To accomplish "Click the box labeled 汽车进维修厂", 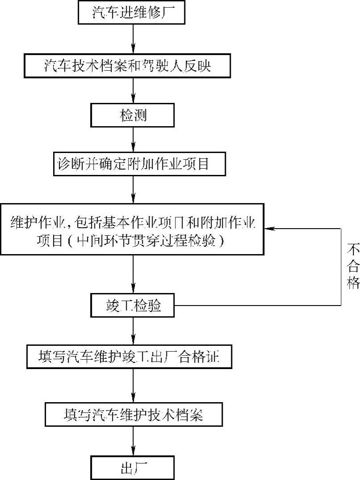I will click(x=132, y=12).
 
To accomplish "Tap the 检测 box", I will click(x=132, y=115).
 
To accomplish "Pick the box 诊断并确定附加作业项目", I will click(x=133, y=164).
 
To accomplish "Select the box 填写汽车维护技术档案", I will click(x=133, y=415).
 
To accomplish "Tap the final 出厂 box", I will click(x=132, y=468).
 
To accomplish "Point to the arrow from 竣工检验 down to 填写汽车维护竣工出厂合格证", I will click(x=133, y=331).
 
